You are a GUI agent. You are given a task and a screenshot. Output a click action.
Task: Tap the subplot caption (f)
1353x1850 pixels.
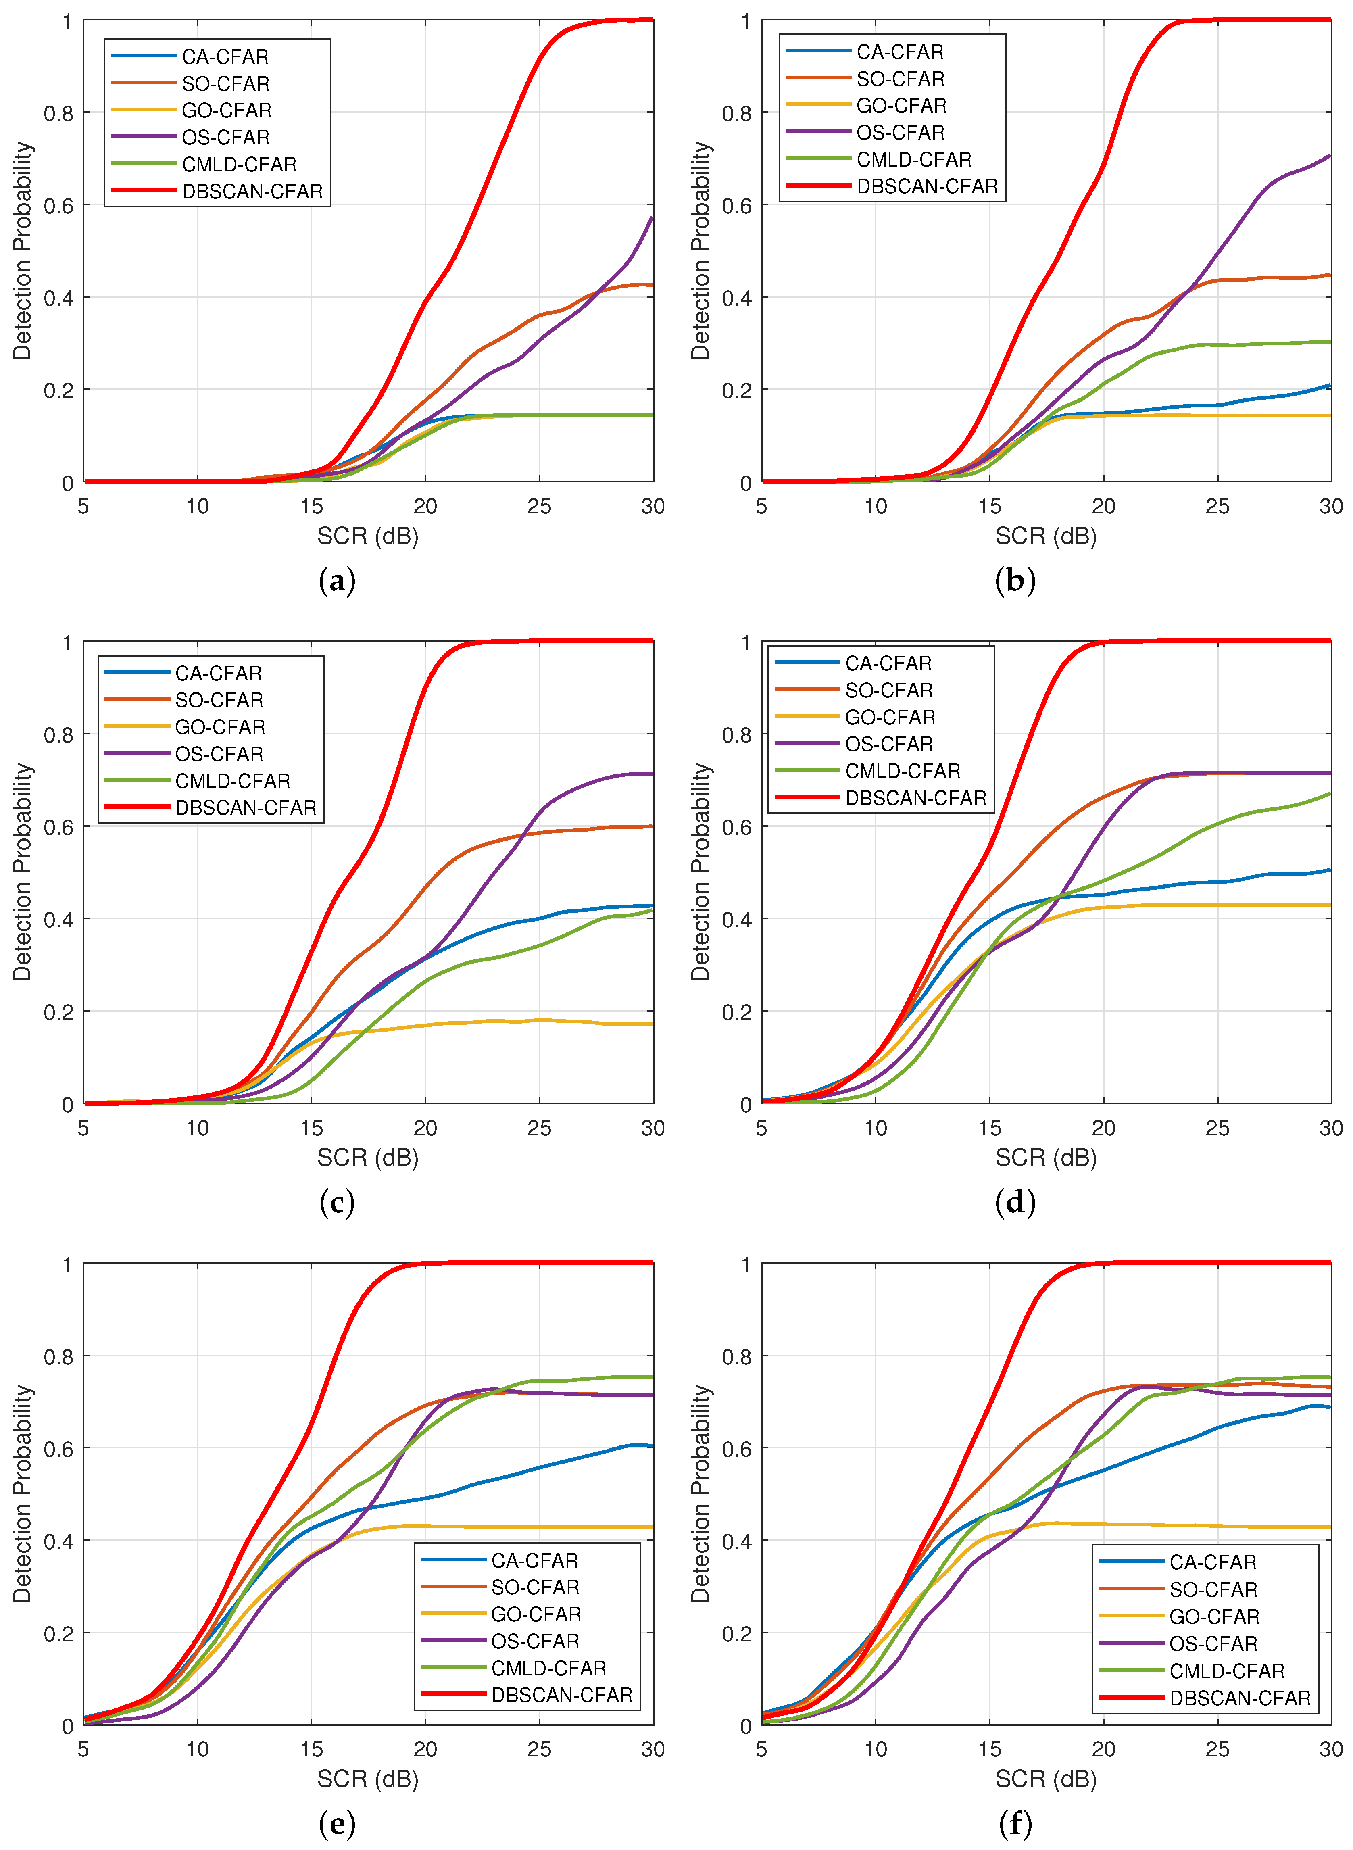(1015, 1824)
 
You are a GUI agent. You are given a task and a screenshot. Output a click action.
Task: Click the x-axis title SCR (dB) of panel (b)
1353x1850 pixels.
(1046, 536)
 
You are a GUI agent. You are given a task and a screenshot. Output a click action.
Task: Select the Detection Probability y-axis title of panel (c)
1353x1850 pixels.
(22, 872)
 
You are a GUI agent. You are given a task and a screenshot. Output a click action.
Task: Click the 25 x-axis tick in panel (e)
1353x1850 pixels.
(539, 1749)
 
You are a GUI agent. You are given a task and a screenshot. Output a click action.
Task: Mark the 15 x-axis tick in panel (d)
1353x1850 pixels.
(989, 1128)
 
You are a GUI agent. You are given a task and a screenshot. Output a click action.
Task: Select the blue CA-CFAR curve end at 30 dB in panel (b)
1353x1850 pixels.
(1328, 385)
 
